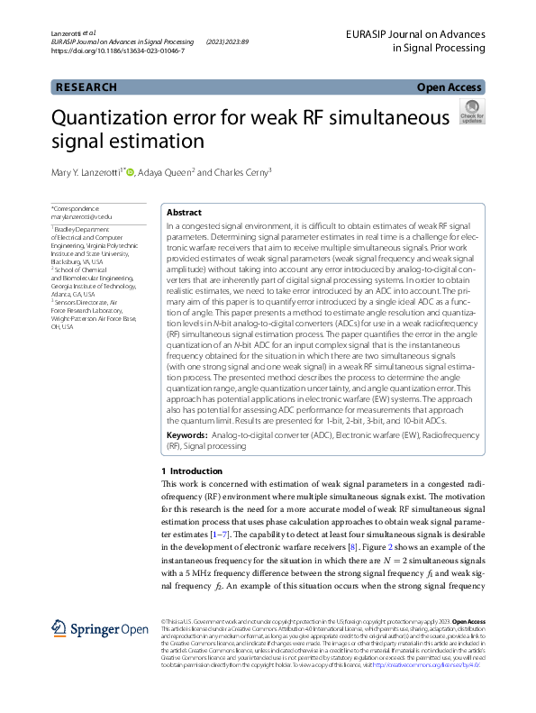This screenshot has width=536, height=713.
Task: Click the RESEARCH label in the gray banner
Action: coord(86,87)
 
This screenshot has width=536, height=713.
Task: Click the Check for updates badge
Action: coord(471,113)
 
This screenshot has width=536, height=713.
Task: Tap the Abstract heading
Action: coord(185,212)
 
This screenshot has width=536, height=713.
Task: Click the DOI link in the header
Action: coord(118,51)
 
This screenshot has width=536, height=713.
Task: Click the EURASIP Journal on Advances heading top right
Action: coord(414,34)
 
